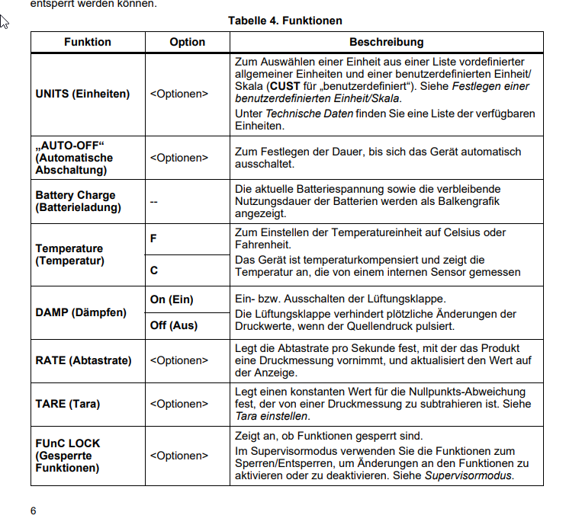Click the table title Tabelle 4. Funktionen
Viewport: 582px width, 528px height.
[285, 21]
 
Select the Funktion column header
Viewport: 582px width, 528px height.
[88, 43]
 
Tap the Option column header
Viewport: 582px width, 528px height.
[188, 43]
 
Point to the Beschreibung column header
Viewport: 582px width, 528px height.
[386, 43]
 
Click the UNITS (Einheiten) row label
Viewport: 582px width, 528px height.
[82, 94]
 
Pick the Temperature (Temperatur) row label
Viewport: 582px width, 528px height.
[69, 254]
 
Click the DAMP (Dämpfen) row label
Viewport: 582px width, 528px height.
[81, 312]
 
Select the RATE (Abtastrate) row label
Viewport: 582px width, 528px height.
[83, 360]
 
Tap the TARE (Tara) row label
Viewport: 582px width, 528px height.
[68, 404]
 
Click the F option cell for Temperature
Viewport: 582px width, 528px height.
[153, 238]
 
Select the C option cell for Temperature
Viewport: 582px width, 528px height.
[154, 270]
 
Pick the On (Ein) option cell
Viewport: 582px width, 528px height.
[172, 299]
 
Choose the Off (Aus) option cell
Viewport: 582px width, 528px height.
[173, 325]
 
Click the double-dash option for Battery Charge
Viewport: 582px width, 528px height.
[154, 201]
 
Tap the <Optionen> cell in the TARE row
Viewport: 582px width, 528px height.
[178, 404]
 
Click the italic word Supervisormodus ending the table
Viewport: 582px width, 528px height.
[468, 475]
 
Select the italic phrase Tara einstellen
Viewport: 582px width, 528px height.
[271, 416]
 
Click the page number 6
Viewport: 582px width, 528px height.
[34, 510]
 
